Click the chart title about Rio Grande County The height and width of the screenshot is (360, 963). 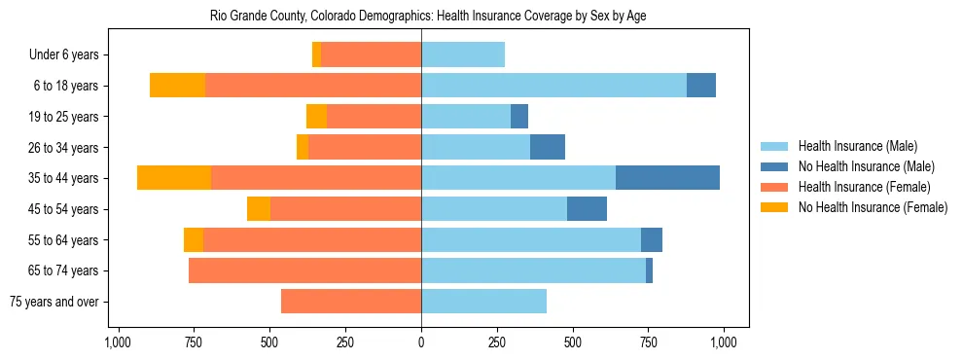pyautogui.click(x=428, y=17)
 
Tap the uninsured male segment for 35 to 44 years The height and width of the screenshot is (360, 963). pyautogui.click(x=667, y=178)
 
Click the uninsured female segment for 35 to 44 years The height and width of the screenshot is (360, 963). pyautogui.click(x=174, y=178)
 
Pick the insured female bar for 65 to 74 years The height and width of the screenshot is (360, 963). pyautogui.click(x=304, y=270)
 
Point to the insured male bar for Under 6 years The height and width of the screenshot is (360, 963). pyautogui.click(x=463, y=54)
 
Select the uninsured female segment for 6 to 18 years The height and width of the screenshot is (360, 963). pyautogui.click(x=178, y=86)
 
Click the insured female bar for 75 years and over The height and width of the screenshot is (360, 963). pyautogui.click(x=351, y=302)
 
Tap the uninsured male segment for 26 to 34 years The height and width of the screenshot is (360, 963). pyautogui.click(x=548, y=147)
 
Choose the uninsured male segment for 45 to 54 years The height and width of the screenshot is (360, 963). pyautogui.click(x=587, y=209)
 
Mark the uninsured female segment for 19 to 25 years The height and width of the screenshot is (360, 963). pyautogui.click(x=316, y=117)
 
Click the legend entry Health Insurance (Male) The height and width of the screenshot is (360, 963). pyautogui.click(x=857, y=146)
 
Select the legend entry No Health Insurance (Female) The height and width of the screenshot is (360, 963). pyautogui.click(x=873, y=207)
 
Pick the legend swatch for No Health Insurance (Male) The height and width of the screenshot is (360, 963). pyautogui.click(x=775, y=166)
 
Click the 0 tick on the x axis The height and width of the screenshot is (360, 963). pyautogui.click(x=421, y=342)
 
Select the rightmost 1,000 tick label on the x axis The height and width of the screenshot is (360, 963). pyautogui.click(x=724, y=342)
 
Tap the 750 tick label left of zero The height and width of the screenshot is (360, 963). pyautogui.click(x=194, y=342)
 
